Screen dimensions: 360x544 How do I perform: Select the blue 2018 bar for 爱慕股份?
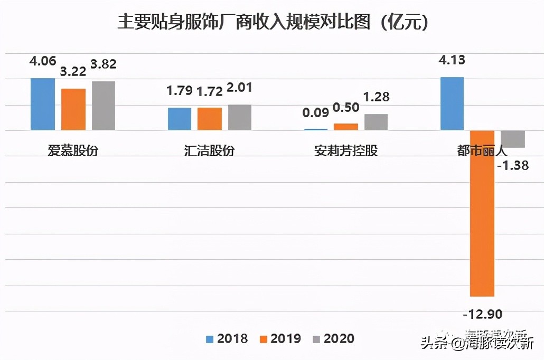point(43,104)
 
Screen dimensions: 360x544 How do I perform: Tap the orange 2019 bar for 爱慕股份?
point(73,109)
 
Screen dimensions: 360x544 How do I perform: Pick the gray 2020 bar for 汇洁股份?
point(240,117)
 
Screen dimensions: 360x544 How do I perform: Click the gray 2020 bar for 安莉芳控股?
point(376,122)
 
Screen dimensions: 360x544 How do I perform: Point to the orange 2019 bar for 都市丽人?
point(483,213)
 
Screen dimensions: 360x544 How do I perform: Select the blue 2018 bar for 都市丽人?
point(452,103)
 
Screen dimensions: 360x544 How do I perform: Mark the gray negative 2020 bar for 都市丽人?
point(513,139)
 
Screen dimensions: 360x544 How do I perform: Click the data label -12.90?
point(482,315)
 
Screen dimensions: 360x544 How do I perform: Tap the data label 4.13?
point(452,60)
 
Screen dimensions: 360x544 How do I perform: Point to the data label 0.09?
point(315,112)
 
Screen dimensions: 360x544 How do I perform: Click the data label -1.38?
point(513,166)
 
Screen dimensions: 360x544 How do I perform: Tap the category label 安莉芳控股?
point(346,150)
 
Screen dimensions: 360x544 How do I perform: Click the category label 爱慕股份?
point(73,150)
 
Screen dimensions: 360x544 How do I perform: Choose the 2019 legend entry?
point(280,338)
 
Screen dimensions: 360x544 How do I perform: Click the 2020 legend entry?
point(333,338)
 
